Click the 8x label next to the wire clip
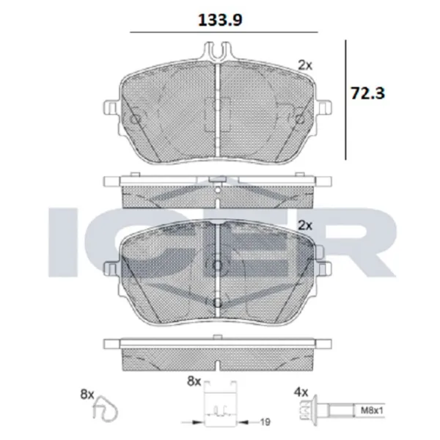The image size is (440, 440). click(87, 395)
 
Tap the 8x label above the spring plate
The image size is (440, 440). click(194, 381)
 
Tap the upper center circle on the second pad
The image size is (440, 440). click(218, 265)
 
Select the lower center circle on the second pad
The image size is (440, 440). click(218, 302)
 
